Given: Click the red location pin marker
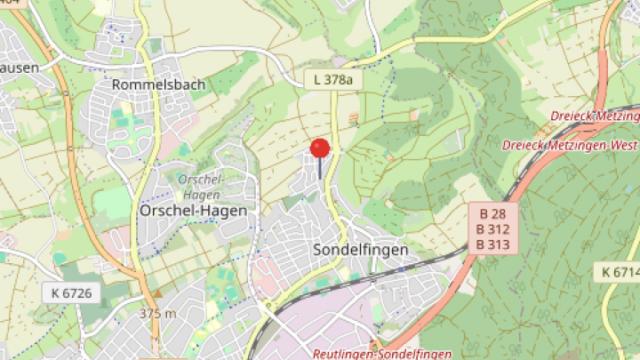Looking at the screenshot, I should point(320,148).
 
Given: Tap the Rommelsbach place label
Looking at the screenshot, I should point(159,84).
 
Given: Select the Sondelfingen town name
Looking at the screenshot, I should point(361,250).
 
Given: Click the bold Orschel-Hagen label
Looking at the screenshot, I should point(192,211).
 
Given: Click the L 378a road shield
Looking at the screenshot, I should point(333,80).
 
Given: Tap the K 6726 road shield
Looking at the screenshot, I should point(72,292).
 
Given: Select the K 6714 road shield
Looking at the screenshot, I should point(619,270).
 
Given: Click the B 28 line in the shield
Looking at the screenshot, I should point(493,214).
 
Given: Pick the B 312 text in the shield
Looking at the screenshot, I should point(493,229).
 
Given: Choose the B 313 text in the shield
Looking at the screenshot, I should point(493,244).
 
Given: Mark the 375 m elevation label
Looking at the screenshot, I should point(157,314).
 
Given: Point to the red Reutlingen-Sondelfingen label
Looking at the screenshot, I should point(374,354).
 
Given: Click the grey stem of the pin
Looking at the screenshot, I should point(320,169).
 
